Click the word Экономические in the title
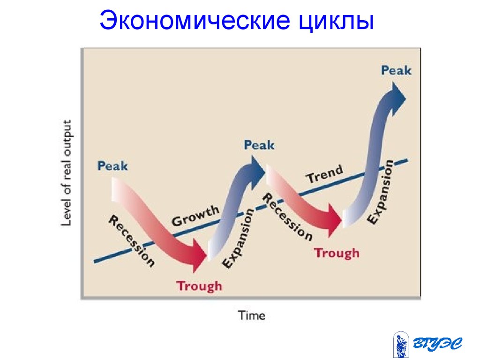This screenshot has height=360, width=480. click(195, 21)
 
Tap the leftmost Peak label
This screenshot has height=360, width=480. click(112, 166)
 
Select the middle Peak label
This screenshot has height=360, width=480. click(259, 145)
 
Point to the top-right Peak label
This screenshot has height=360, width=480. click(396, 70)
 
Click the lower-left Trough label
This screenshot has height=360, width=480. click(199, 286)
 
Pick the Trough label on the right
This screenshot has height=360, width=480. click(337, 253)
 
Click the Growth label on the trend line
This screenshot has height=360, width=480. click(195, 216)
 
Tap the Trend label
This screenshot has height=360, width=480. click(324, 174)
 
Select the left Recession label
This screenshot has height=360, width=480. click(132, 241)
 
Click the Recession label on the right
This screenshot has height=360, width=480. click(287, 217)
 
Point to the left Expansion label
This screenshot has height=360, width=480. click(238, 239)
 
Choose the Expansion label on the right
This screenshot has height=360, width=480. click(380, 192)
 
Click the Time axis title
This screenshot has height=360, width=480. click(252, 315)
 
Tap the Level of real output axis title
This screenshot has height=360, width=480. click(67, 173)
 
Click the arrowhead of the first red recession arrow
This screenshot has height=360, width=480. click(198, 256)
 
